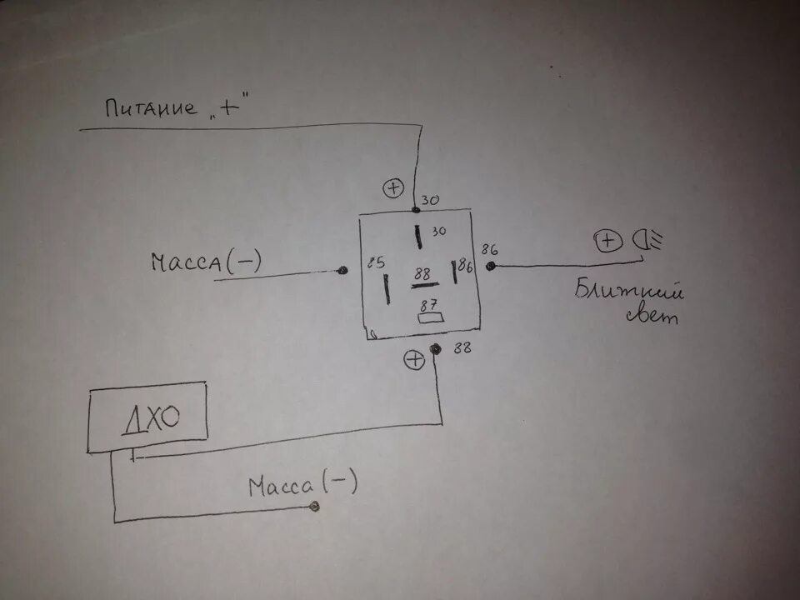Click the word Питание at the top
click(151, 108)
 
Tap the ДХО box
click(147, 417)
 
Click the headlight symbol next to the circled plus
click(645, 242)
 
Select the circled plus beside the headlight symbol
click(608, 242)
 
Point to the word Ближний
click(630, 292)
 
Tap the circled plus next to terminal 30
click(392, 188)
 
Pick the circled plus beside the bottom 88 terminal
click(413, 360)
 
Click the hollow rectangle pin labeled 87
click(429, 317)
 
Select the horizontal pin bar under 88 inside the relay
click(424, 286)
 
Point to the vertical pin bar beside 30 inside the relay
click(417, 235)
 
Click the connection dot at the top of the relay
click(416, 208)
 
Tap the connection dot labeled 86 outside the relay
click(491, 266)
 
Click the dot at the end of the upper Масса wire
click(342, 271)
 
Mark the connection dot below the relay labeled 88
click(434, 349)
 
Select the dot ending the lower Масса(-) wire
click(314, 507)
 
